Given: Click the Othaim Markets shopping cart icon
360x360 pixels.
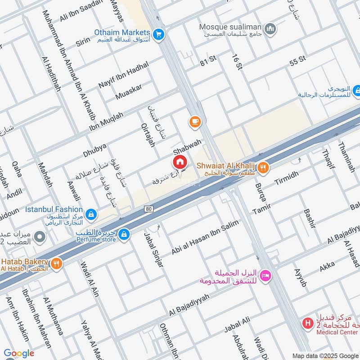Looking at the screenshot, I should pyautogui.click(x=158, y=33).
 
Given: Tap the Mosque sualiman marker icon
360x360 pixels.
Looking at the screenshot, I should pyautogui.click(x=270, y=30).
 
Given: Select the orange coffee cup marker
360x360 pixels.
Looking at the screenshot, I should pyautogui.click(x=194, y=122).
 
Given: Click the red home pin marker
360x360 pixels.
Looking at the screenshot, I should pyautogui.click(x=179, y=162).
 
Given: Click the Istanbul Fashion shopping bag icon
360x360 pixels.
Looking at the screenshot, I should pyautogui.click(x=91, y=214).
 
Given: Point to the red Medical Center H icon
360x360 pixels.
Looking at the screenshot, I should pyautogui.click(x=307, y=323).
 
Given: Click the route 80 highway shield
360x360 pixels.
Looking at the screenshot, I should pyautogui.click(x=148, y=209).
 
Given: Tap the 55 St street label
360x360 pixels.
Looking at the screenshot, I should pyautogui.click(x=298, y=59).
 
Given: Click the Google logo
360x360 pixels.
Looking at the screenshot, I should pyautogui.click(x=19, y=353).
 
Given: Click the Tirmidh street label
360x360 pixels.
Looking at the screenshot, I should pyautogui.click(x=286, y=180).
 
